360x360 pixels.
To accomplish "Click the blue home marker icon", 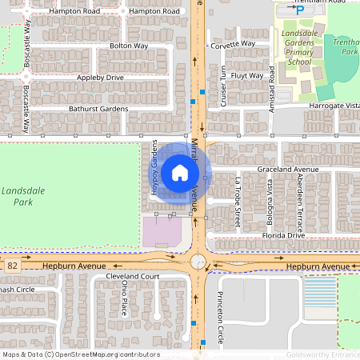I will pos(180,173).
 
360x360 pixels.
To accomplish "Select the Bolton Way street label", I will pos(129,46).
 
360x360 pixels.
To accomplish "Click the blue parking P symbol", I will pos(300,10).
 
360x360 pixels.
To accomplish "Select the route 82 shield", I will pos(11,263).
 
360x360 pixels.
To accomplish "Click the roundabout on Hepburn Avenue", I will pos(198,262).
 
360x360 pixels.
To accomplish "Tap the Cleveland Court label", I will pos(133,276).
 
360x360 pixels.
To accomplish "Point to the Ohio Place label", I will pos(124,298).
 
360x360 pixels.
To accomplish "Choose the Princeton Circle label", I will pos(222,313).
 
